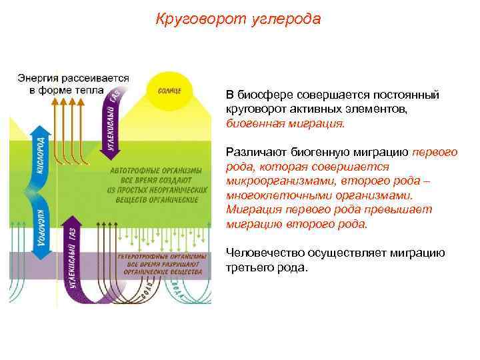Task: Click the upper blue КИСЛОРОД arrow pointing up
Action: (x=40, y=155)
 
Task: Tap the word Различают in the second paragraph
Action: (x=253, y=152)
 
